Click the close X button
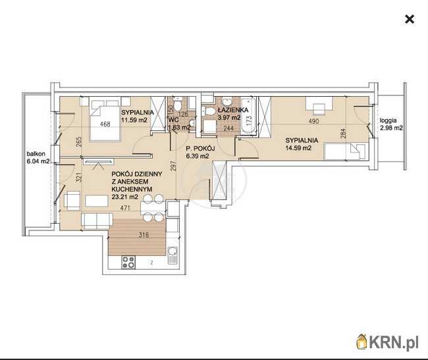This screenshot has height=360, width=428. click(410, 19)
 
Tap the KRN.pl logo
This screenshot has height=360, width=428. click(388, 341)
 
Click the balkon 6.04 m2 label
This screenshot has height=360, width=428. click(38, 157)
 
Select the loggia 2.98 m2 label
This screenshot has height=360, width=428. click(391, 124)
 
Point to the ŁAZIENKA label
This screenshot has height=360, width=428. click(233, 110)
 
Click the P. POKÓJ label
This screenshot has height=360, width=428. click(200, 149)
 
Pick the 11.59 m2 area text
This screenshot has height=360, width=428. click(134, 120)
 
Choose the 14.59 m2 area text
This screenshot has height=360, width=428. click(298, 148)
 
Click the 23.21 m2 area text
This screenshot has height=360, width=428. click(124, 197)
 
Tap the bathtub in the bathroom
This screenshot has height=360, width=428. click(249, 115)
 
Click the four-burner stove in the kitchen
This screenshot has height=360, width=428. click(128, 262)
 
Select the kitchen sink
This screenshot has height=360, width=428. click(173, 255)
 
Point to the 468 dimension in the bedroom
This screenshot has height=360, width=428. click(105, 124)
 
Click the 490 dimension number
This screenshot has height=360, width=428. click(313, 121)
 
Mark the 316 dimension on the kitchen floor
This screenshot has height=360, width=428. click(144, 234)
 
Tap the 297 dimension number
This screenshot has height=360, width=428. click(173, 166)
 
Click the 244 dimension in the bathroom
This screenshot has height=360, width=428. click(228, 128)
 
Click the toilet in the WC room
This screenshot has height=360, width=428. click(177, 104)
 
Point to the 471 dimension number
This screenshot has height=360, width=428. click(125, 208)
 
